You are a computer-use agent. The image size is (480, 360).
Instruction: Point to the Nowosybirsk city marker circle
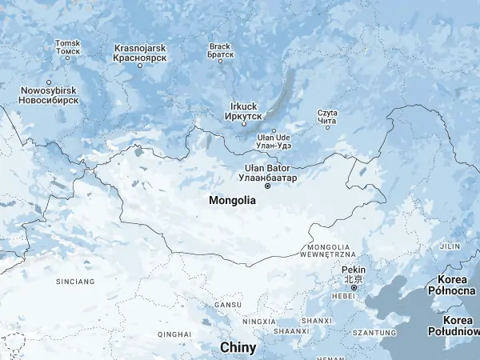pyautogui.click(x=49, y=82)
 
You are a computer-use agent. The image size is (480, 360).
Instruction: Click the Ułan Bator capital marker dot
pyautogui.click(x=267, y=186)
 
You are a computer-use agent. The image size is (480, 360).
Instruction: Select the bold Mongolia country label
pyautogui.click(x=232, y=201)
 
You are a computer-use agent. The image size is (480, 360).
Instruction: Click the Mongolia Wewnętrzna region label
pyautogui.click(x=328, y=250)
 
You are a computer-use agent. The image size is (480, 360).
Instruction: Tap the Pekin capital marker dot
pyautogui.click(x=353, y=288)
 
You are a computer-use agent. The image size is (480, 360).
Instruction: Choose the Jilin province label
pyautogui.click(x=450, y=246)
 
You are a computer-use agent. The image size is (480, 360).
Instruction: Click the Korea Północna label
pyautogui.click(x=457, y=284)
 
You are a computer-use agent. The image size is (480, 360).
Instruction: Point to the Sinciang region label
pyautogui.click(x=75, y=282)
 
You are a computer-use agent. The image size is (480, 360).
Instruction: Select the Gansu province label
pyautogui.click(x=226, y=305)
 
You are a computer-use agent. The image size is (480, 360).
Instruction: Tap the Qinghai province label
pyautogui.click(x=174, y=334)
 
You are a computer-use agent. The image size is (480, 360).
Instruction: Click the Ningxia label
pyautogui.click(x=258, y=322)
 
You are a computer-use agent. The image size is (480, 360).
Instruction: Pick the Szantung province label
pyautogui.click(x=374, y=332)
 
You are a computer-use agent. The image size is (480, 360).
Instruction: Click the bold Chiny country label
pyautogui.click(x=238, y=348)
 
